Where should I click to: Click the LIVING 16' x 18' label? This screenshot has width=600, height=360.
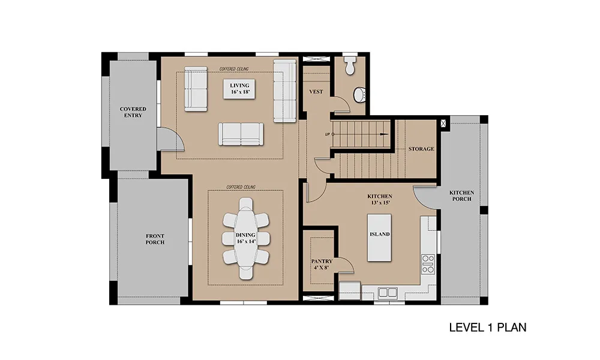point(239,89)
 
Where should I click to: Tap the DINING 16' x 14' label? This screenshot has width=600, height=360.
point(245,238)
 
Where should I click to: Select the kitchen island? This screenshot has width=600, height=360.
point(379,238)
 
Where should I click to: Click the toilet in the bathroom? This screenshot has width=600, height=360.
point(350,65)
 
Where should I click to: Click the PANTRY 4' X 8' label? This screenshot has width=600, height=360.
point(322,265)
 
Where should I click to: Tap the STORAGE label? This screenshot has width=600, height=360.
point(421,149)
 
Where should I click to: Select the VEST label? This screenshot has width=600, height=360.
point(316,92)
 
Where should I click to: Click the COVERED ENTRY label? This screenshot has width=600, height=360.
point(133,112)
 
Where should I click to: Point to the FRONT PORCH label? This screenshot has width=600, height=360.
point(155,239)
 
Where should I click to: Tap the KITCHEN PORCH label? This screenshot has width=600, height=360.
point(461,196)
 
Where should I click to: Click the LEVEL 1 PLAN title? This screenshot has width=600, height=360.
point(487,328)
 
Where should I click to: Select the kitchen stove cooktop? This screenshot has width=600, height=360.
point(428,264)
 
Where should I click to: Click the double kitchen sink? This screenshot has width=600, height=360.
point(388,293)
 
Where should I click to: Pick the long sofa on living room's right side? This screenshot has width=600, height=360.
point(284,91)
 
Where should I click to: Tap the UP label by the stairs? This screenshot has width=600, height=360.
point(328,134)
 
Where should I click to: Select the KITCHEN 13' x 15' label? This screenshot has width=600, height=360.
point(380,199)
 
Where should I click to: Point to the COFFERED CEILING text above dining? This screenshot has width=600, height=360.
point(241,187)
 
